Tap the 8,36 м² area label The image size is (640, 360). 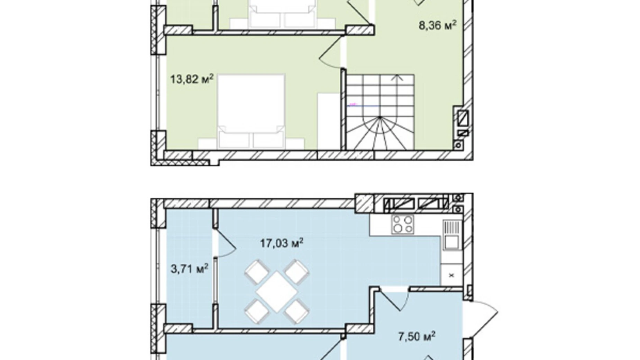438,25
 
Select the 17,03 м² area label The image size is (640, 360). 282,243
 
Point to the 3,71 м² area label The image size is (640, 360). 190,268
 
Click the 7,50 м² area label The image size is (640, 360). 417,336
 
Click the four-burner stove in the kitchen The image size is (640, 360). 402,224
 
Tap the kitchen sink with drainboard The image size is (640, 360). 451,235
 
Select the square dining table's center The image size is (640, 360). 276,291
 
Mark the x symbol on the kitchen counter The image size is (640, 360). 451,276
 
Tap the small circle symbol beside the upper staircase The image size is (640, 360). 459,145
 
